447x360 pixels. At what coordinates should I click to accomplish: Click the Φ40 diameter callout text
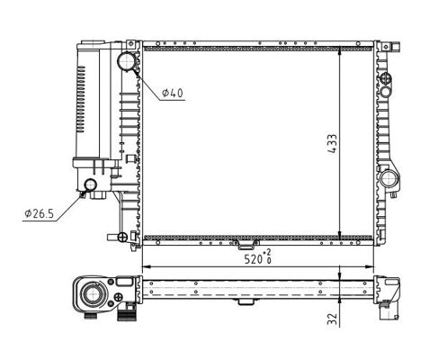pyautogui.click(x=174, y=94)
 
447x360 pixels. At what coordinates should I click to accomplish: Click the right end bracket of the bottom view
pyautogui.click(x=389, y=292)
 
